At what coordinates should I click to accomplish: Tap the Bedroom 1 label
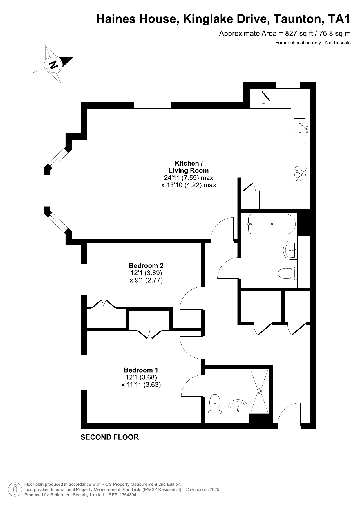click(x=141, y=370)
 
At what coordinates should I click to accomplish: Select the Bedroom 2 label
click(x=146, y=265)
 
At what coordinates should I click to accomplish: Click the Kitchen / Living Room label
click(x=189, y=167)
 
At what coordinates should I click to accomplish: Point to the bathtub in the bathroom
click(x=271, y=224)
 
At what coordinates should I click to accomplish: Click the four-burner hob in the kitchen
click(x=301, y=173)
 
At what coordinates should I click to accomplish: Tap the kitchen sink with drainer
click(x=301, y=131)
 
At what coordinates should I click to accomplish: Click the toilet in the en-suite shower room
click(x=215, y=403)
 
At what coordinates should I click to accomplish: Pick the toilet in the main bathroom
click(x=287, y=273)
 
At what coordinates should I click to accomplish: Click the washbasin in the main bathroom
click(x=290, y=250)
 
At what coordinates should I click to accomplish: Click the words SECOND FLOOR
click(x=109, y=437)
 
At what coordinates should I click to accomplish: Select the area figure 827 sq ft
click(x=299, y=34)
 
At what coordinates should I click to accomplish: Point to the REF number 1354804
click(x=127, y=495)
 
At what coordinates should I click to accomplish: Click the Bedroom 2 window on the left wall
click(x=84, y=279)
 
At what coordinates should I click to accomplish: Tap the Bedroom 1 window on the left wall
click(x=84, y=372)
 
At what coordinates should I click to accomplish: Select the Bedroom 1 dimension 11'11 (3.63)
click(x=141, y=385)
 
